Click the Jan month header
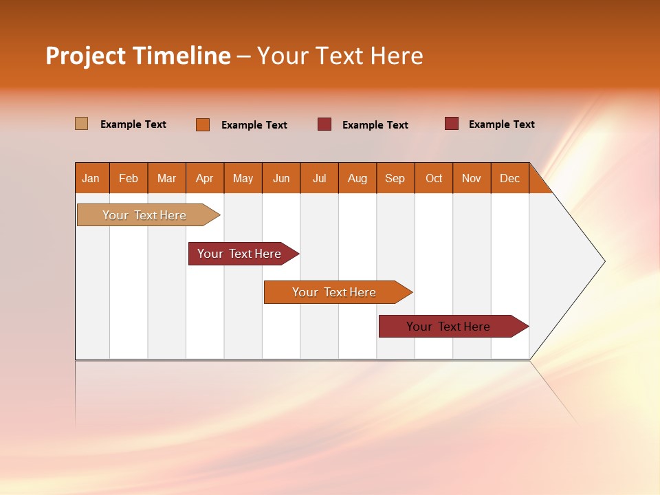pos(91,178)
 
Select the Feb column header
pos(129,178)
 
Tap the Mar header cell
pos(166,178)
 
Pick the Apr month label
pos(204,178)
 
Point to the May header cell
pos(243,178)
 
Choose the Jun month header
pos(281,178)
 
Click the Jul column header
pos(319,178)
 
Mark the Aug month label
pos(357,178)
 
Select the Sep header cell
pos(395,178)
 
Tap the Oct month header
pos(434,178)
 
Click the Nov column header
pos(472,178)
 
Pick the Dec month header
pos(509,178)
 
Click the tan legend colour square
pos(81,124)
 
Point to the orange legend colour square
pos(203,124)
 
